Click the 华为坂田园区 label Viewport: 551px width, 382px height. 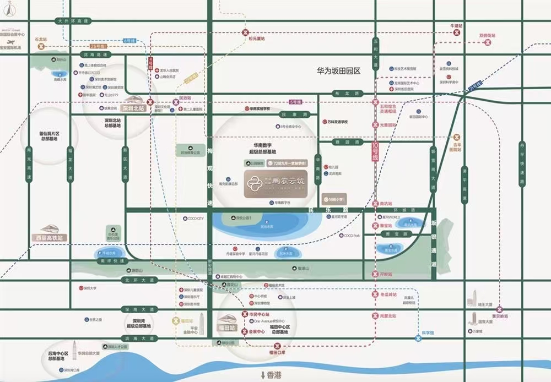click(x=338, y=71)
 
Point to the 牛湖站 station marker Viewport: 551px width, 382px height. click(x=456, y=32)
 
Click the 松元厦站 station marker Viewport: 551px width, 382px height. click(x=244, y=33)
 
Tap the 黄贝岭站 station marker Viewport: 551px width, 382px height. click(x=500, y=309)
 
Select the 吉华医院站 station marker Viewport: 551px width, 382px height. click(x=456, y=137)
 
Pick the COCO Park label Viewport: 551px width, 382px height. click(x=352, y=236)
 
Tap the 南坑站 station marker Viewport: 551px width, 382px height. click(x=375, y=204)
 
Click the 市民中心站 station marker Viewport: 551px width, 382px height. click(x=245, y=314)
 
